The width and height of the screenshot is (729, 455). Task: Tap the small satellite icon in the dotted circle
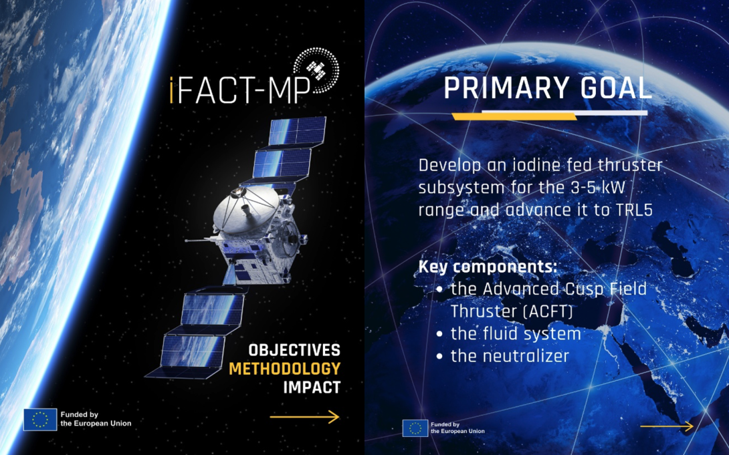point(314,67)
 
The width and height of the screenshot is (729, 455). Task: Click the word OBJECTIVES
point(294,350)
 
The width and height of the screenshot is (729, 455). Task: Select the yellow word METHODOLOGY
point(285,369)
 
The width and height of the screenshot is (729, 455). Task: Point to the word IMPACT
point(312,387)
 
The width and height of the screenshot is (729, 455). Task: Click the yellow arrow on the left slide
point(304,417)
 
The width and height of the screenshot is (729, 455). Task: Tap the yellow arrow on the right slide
point(666,426)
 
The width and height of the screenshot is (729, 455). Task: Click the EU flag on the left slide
point(40,419)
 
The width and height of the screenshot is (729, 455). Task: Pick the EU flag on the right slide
point(415,428)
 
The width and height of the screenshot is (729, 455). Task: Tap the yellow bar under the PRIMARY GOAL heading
point(514,116)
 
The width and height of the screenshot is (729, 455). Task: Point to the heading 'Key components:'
point(488,267)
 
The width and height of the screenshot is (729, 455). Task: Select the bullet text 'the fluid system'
point(515,333)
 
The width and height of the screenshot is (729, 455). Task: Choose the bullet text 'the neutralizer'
point(510,356)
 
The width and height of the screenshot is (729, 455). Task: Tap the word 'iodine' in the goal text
point(518,165)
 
